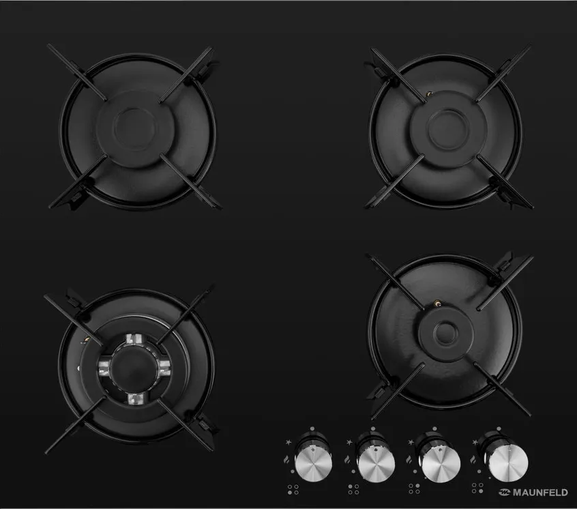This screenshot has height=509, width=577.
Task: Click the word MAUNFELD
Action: click(540, 493)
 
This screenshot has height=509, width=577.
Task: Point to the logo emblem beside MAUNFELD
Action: click(504, 493)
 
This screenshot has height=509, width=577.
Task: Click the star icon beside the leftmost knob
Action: click(288, 441)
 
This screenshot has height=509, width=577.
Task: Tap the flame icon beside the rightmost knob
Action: click(473, 459)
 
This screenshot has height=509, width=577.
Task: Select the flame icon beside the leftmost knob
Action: click(286, 459)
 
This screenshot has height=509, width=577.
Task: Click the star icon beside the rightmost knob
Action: click(475, 441)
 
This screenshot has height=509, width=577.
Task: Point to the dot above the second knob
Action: click(373, 428)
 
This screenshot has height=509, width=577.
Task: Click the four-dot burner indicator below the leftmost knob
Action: click(293, 489)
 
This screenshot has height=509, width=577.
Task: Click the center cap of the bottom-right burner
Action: click(445, 332)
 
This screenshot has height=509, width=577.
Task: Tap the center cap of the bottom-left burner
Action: click(134, 366)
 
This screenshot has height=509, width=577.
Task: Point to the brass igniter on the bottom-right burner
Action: click(438, 304)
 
